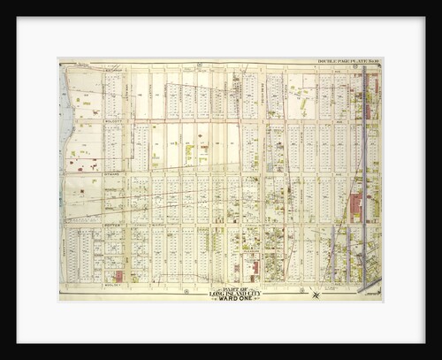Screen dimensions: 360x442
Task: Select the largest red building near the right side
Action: click(x=355, y=208)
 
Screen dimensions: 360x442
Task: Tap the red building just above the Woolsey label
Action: click(x=118, y=276)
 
